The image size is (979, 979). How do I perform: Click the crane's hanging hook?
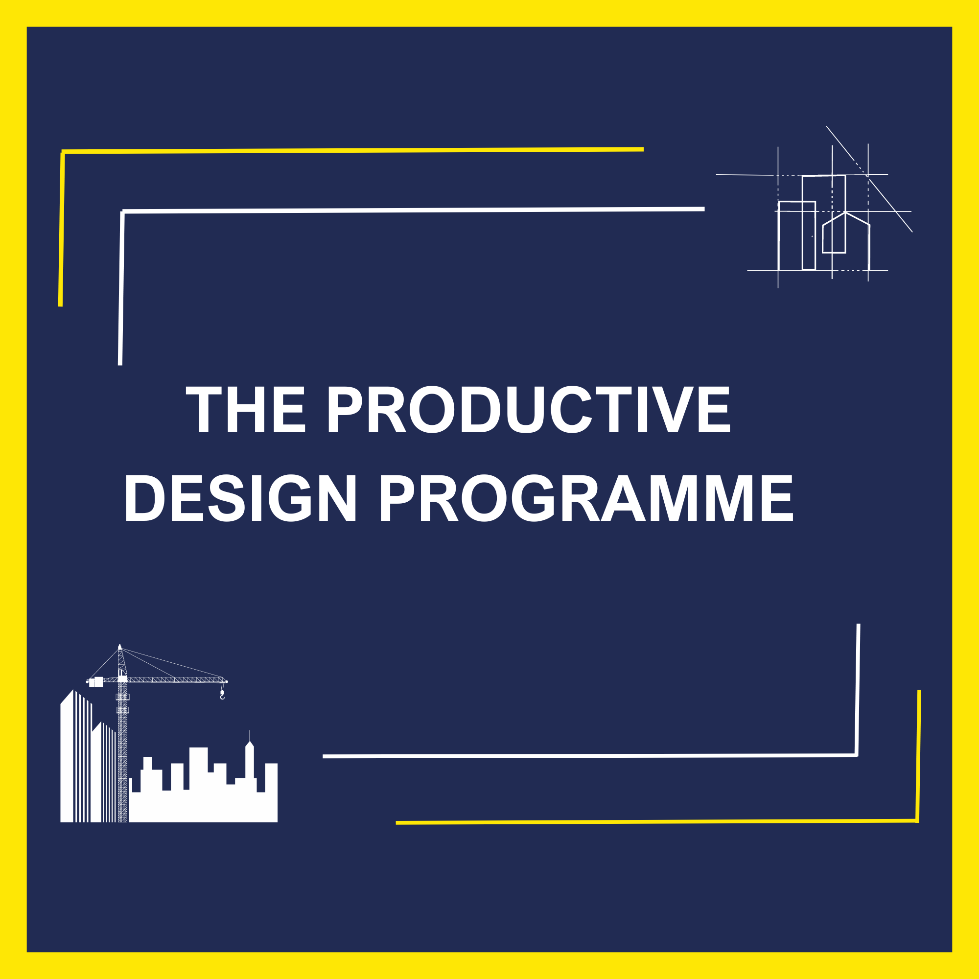(x=222, y=696)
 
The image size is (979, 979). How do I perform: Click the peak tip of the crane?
(x=119, y=646)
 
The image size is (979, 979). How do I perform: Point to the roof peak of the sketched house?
(x=846, y=213)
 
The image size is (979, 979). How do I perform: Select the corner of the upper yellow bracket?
(x=62, y=152)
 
